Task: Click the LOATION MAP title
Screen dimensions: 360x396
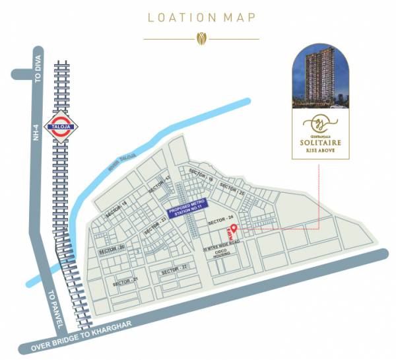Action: [x=202, y=18]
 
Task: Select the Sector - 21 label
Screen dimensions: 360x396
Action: [x=125, y=282]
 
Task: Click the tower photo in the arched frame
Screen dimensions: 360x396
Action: [x=322, y=79]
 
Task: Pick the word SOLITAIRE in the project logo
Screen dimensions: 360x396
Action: [x=323, y=141]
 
